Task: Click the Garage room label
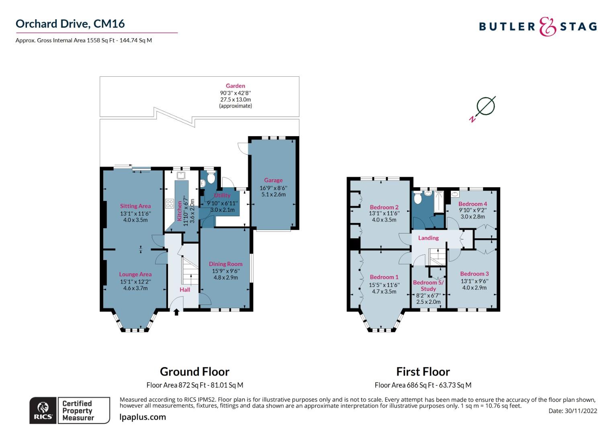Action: pos(273,180)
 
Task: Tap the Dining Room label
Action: pos(225,264)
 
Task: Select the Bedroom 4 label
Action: pos(473,204)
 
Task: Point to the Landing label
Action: pos(428,238)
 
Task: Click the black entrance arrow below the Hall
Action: pos(176,312)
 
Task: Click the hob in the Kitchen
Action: pos(170,204)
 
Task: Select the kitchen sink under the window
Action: pos(181,176)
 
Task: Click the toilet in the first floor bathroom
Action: pos(418,198)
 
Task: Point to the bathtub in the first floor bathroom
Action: pos(439,202)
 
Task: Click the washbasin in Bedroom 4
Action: pos(455,194)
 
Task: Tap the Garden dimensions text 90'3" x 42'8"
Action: pos(235,93)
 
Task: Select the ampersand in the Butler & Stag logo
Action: pos(547,27)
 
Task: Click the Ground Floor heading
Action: pos(194,372)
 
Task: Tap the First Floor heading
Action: pos(423,372)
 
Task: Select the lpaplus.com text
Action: pos(143,417)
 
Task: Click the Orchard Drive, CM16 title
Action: pos(70,24)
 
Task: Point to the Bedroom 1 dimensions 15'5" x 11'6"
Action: pos(384,285)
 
